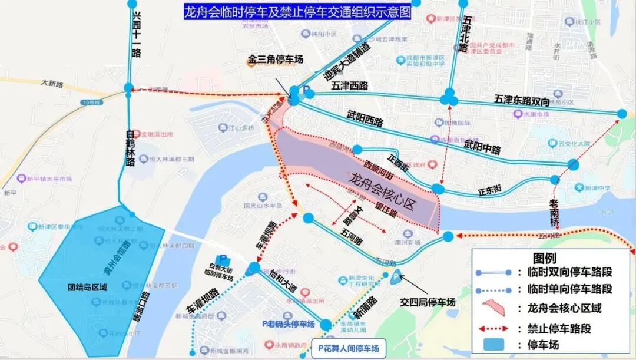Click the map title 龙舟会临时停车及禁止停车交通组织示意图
[297, 12]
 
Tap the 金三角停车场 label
[275, 60]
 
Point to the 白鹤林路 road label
[131, 147]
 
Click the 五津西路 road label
[349, 86]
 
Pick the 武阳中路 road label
[482, 145]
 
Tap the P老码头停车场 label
[288, 323]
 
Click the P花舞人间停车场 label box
[349, 348]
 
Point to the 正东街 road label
[489, 190]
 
